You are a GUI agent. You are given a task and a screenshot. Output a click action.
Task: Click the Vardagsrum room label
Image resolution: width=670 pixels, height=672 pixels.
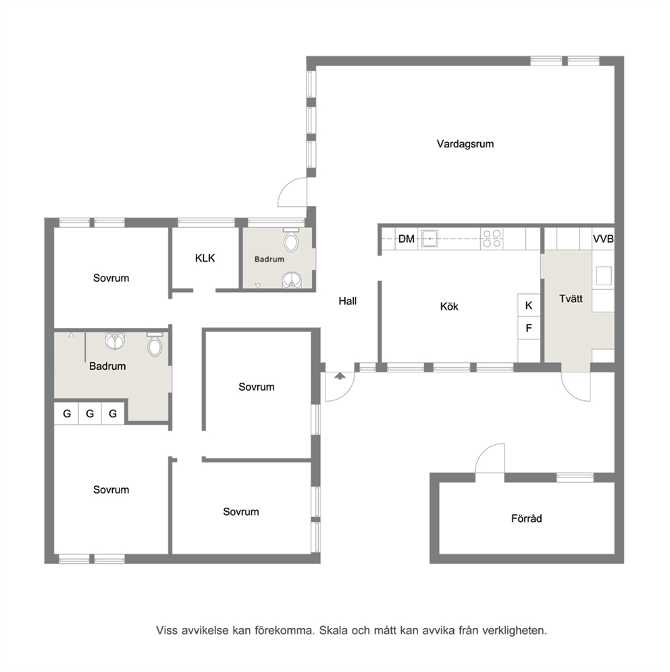click(x=465, y=144)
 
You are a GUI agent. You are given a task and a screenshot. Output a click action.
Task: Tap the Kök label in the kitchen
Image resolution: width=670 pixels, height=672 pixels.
click(x=449, y=306)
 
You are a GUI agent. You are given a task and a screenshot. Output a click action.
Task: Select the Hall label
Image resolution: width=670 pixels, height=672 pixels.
click(x=348, y=302)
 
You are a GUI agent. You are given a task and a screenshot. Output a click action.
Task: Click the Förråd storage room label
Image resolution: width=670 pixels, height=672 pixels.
click(x=526, y=519)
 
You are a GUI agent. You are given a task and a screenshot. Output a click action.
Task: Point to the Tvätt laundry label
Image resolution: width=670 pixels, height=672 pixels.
click(x=571, y=299)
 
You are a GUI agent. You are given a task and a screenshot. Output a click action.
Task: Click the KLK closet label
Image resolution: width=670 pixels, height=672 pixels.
click(x=205, y=258)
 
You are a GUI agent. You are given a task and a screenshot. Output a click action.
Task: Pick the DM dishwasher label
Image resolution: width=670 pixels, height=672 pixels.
click(x=407, y=239)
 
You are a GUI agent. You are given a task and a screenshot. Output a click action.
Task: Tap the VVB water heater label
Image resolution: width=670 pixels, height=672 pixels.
click(x=603, y=239)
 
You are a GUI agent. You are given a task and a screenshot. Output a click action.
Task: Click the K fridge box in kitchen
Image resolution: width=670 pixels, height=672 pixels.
click(x=529, y=305)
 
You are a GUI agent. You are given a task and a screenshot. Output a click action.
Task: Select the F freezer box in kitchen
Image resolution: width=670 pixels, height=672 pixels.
click(x=529, y=328)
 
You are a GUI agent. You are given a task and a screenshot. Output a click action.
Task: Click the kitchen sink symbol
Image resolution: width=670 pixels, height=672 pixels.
click(x=429, y=238)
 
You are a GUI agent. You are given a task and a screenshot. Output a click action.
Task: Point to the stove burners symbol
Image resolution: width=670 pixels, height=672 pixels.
click(x=492, y=238)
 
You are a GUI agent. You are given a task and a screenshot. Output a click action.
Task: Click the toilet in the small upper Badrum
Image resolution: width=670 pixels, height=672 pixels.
click(x=291, y=240)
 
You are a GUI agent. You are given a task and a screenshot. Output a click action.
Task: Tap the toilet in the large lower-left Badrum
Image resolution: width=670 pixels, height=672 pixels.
click(x=155, y=344)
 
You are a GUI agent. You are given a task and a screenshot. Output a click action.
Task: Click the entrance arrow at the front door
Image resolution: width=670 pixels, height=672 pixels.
click(x=340, y=376)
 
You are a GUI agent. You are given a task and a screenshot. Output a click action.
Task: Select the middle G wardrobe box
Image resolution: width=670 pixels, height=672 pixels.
click(x=90, y=414)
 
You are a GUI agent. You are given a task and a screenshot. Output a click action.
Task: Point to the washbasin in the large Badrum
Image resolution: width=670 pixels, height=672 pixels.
click(x=115, y=341)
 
